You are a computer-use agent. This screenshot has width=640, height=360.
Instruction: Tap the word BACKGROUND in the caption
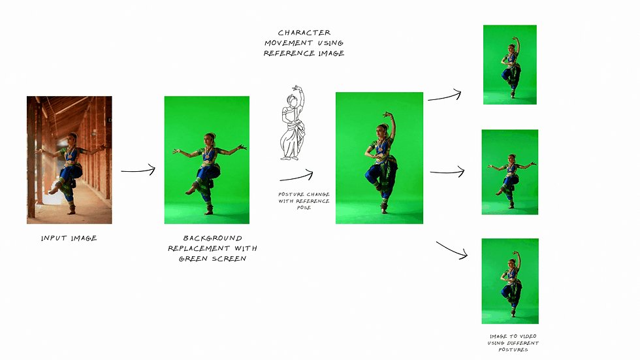coord(212,238)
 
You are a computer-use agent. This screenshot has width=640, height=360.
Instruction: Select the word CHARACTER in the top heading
coord(304,33)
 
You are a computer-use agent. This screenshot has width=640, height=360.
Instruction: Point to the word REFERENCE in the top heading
coord(289,54)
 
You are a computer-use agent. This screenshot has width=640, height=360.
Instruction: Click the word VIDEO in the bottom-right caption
coord(528,336)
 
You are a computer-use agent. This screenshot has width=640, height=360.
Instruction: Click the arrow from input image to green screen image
coord(138,171)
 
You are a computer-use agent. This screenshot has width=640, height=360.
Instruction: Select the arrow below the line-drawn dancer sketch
coord(296,176)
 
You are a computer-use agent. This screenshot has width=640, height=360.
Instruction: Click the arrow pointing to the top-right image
coord(445,96)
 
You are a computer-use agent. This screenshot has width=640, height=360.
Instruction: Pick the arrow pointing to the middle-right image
coord(447,172)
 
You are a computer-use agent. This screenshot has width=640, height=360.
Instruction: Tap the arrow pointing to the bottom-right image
coord(452,250)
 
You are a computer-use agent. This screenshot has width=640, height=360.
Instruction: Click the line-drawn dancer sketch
coord(293,123)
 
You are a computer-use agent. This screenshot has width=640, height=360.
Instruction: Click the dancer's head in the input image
coord(72,138)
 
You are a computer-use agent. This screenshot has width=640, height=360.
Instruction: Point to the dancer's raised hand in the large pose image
coord(387,115)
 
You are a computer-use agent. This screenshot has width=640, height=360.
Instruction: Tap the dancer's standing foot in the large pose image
coord(384,210)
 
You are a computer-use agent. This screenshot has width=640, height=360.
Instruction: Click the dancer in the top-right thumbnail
coord(511,67)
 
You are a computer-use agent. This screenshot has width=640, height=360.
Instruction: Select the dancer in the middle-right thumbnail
coord(511,181)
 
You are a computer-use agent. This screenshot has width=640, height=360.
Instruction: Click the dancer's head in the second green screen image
coord(210,138)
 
